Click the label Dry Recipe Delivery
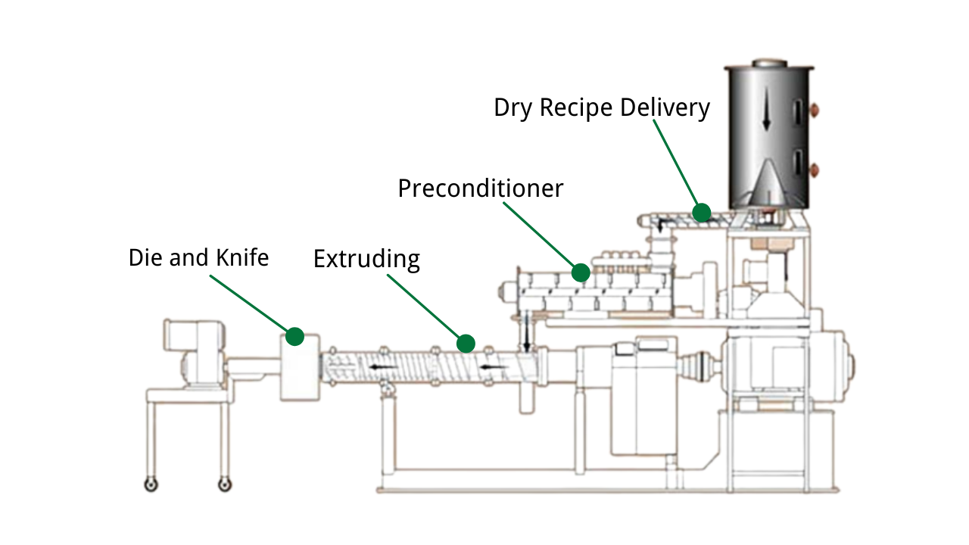click(602, 107)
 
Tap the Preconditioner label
click(481, 188)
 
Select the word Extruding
click(366, 259)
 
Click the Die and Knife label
click(198, 257)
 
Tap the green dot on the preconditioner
click(581, 272)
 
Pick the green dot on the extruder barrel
click(466, 344)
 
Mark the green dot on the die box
click(294, 336)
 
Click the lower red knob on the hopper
click(815, 168)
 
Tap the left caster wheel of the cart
click(152, 484)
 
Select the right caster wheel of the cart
click(224, 484)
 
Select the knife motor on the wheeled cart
click(195, 353)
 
